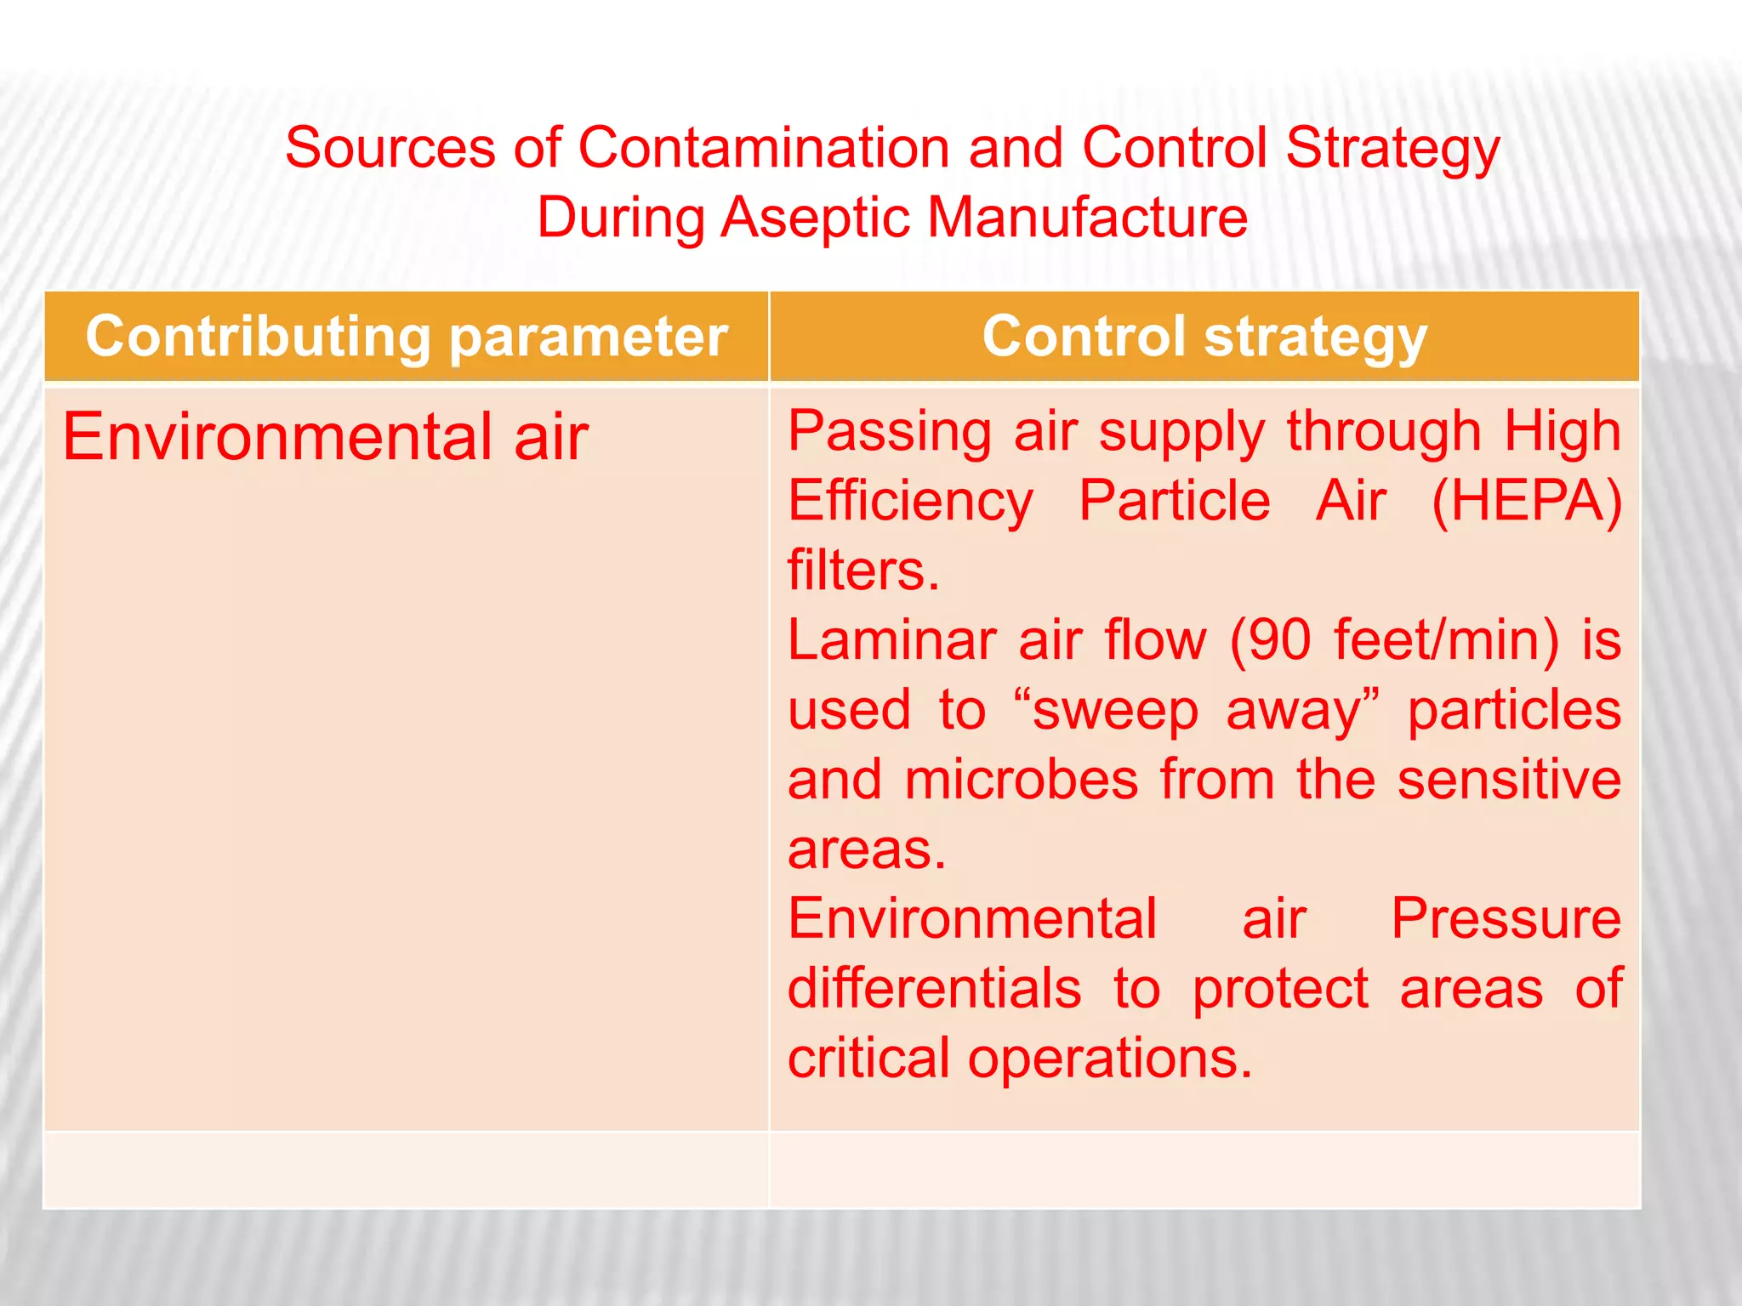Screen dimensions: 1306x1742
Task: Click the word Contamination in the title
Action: point(763,148)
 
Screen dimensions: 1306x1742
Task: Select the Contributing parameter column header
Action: point(407,337)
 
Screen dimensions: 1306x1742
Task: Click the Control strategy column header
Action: point(1204,337)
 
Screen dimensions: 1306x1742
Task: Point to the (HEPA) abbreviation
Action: point(1526,501)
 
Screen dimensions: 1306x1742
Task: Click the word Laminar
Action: point(891,640)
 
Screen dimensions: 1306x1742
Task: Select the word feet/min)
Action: point(1446,640)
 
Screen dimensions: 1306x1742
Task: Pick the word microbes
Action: point(1021,780)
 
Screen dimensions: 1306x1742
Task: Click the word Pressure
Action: point(1506,919)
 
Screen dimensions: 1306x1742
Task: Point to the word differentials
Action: point(934,989)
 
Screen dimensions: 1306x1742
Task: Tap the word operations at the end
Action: point(1109,1059)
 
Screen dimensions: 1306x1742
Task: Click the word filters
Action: point(862,571)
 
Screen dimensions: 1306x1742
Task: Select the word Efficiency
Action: point(910,501)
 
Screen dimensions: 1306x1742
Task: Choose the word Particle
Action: point(1174,501)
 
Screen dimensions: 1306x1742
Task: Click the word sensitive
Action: point(1509,780)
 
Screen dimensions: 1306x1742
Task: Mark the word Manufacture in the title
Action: point(1087,218)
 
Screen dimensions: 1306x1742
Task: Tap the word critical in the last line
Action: point(868,1059)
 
